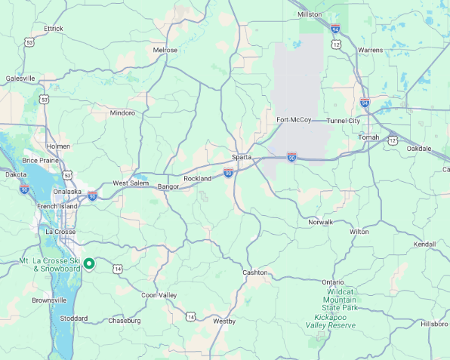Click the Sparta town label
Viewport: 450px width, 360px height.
pyautogui.click(x=242, y=157)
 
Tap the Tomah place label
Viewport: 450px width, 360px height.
pyautogui.click(x=369, y=137)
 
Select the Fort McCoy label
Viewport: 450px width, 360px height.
pyautogui.click(x=294, y=120)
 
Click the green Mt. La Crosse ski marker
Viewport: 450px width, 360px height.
pyautogui.click(x=89, y=263)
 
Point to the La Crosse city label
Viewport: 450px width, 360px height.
pyautogui.click(x=61, y=232)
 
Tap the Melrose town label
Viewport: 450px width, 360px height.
pyautogui.click(x=165, y=50)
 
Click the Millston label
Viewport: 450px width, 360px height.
pyautogui.click(x=310, y=14)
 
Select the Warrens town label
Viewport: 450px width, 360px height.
pyautogui.click(x=370, y=50)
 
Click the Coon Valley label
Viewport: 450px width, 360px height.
pyautogui.click(x=159, y=295)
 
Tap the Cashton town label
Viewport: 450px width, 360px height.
pyautogui.click(x=254, y=272)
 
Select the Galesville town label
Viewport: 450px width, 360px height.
pyautogui.click(x=20, y=78)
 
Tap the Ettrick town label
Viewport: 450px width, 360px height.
pyautogui.click(x=54, y=29)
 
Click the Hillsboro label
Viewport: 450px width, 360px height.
pyautogui.click(x=434, y=323)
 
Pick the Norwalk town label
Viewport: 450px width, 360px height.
pyautogui.click(x=320, y=222)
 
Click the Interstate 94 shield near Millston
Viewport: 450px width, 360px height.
pyautogui.click(x=335, y=29)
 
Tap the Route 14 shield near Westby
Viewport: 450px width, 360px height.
pyautogui.click(x=191, y=316)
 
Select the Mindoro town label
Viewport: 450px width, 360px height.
pyautogui.click(x=122, y=113)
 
